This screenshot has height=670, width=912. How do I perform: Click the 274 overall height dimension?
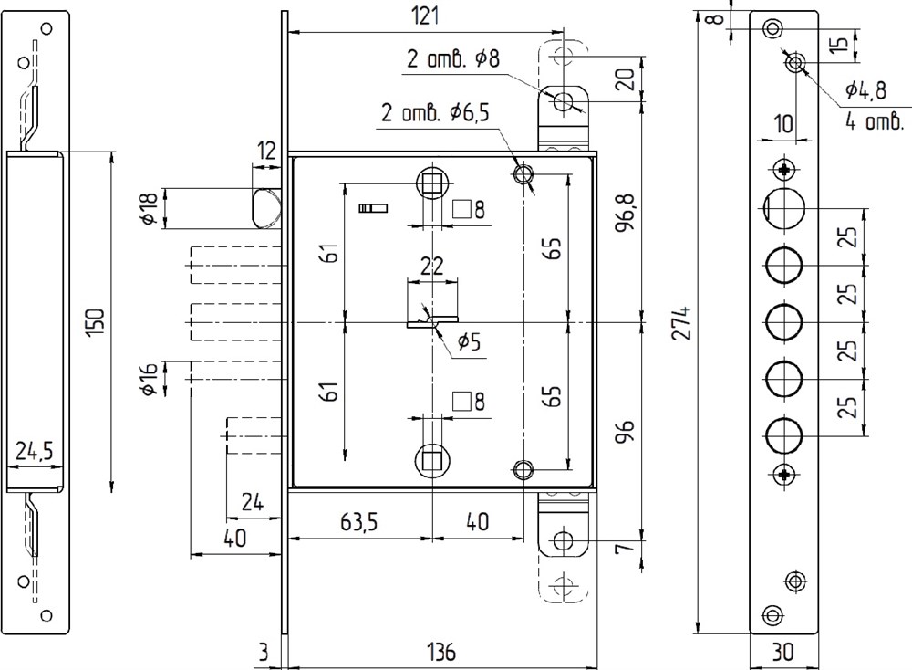point(683,322)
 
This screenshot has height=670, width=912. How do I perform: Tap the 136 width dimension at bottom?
point(441,652)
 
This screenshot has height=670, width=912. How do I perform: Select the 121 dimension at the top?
point(426,16)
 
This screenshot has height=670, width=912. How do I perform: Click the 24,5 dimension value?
point(34,451)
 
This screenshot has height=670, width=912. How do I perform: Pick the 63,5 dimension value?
point(358,522)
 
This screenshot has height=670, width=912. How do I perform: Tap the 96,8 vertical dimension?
point(627,213)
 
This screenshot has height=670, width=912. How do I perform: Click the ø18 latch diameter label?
point(150,208)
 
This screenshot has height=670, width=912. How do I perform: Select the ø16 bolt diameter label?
point(150,379)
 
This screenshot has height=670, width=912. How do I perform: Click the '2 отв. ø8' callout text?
point(452,59)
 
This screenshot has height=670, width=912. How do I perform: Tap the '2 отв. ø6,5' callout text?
point(434,111)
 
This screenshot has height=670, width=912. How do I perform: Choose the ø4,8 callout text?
point(865,90)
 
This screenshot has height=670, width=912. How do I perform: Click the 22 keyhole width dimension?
point(431,266)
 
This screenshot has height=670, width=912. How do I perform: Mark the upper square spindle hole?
point(431,183)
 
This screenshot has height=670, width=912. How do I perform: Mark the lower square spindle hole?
point(431,459)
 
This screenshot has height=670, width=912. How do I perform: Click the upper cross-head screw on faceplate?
point(784,170)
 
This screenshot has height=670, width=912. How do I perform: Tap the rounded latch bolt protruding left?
point(267,207)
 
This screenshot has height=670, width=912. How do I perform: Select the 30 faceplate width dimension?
point(782,652)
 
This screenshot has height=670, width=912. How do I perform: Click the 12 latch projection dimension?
point(266,152)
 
